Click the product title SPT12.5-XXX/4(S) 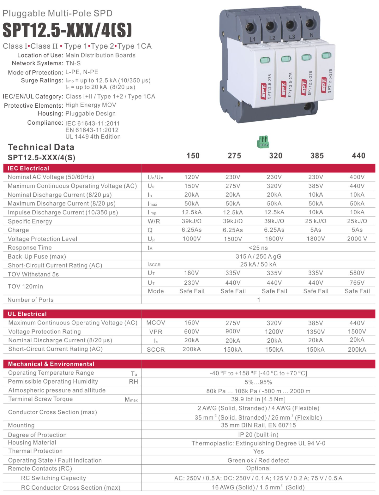click(67, 30)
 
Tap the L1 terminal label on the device click(252, 39)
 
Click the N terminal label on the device click(311, 35)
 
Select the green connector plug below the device click(263, 142)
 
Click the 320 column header click(276, 156)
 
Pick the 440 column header click(358, 156)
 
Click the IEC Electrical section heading click(28, 168)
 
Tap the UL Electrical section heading click(27, 314)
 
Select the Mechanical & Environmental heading click(51, 364)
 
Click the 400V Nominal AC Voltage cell click(357, 177)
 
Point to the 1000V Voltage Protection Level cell click(192, 239)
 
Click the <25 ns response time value click(258, 248)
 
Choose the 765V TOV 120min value click(357, 283)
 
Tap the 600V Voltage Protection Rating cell click(192, 331)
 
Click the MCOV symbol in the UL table click(156, 323)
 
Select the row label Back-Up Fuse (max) click(37, 257)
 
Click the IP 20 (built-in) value click(258, 435)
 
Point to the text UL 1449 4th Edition click(93, 137)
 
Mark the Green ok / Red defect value click(258, 460)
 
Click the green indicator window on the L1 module click(265, 60)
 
